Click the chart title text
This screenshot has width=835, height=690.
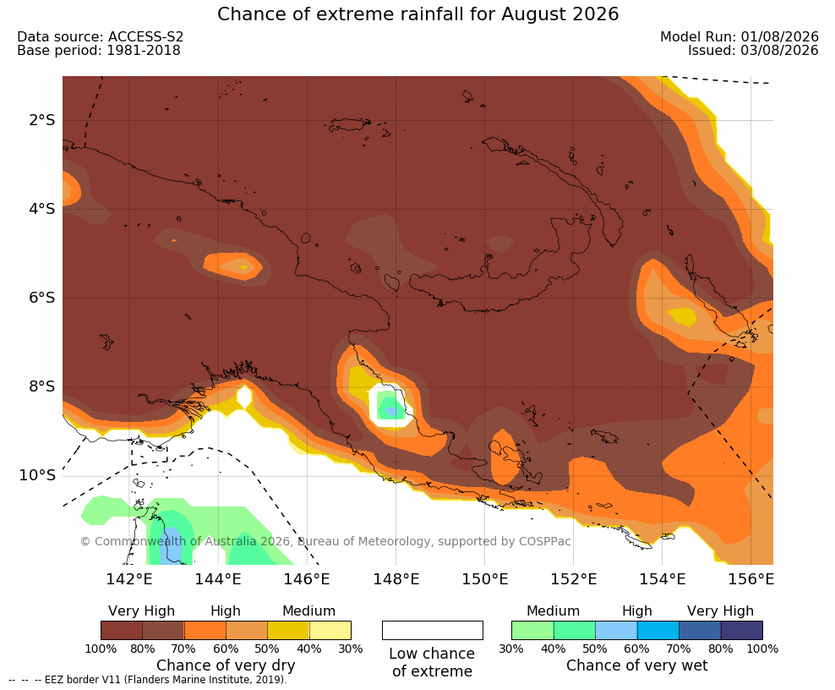(418, 14)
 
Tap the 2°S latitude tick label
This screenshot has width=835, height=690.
(42, 120)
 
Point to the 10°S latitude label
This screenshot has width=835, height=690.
(37, 475)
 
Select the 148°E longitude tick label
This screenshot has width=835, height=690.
(396, 578)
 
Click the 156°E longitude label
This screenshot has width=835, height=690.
(750, 578)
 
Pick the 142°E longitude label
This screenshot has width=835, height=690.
(129, 578)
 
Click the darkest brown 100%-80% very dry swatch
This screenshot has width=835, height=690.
(122, 630)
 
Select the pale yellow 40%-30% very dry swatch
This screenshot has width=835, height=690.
(330, 630)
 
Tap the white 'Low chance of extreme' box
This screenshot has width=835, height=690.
(433, 630)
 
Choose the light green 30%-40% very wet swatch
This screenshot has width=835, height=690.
(532, 630)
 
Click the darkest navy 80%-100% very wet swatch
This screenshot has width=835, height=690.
(742, 630)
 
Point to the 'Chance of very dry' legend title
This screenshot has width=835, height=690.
(226, 665)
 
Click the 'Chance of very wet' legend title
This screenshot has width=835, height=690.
(637, 665)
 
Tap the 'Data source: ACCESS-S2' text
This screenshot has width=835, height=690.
(100, 36)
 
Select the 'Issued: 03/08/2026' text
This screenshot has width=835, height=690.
(753, 51)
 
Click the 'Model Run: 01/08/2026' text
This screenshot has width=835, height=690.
(739, 36)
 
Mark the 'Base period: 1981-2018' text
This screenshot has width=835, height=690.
(99, 51)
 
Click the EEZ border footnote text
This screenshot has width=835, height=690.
(148, 680)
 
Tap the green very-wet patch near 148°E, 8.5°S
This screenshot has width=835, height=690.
(390, 406)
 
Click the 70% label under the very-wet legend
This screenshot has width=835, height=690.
(679, 649)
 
